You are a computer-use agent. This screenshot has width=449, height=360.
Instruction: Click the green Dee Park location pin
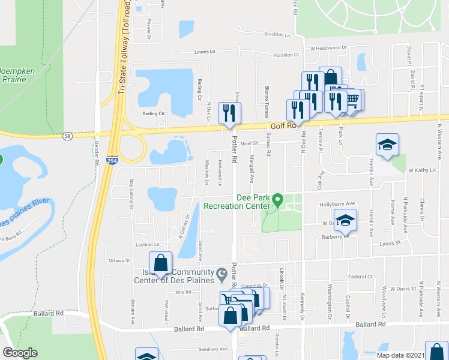click(x=277, y=199)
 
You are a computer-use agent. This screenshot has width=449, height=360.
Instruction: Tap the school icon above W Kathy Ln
click(x=387, y=145)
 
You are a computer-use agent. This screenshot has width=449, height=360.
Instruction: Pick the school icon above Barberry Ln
click(x=346, y=220)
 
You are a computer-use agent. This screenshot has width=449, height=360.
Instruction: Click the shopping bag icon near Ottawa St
click(x=160, y=262)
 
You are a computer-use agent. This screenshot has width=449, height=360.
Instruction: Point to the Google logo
click(x=20, y=353)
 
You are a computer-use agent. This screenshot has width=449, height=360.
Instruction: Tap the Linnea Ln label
click(x=205, y=52)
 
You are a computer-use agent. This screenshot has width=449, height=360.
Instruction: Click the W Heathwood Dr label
click(x=329, y=47)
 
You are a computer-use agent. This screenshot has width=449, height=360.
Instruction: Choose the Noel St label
click(x=248, y=143)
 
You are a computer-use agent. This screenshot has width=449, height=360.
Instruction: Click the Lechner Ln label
click(x=148, y=245)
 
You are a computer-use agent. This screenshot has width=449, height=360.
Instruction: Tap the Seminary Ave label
click(x=214, y=349)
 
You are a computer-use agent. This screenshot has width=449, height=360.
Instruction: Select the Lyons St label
click(x=389, y=244)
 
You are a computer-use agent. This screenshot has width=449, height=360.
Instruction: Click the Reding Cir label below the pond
click(x=153, y=113)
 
